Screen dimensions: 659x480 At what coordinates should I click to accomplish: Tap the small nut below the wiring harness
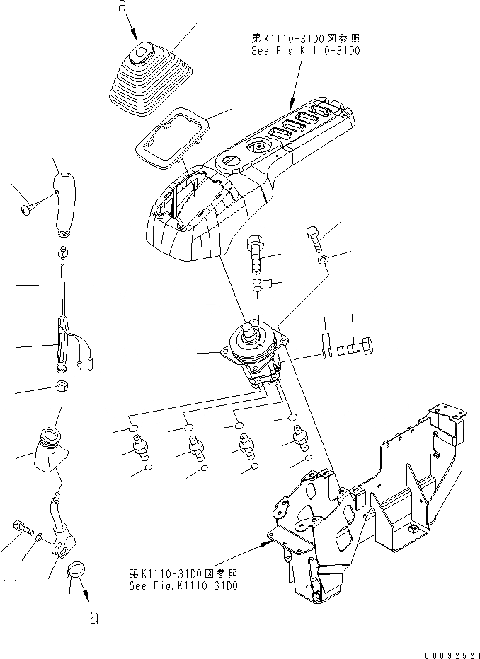point(62,387)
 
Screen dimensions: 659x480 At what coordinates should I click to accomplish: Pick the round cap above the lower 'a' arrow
point(75,569)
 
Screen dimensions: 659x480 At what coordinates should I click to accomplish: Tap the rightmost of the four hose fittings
point(297,437)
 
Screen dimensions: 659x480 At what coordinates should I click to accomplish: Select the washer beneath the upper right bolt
point(322,259)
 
